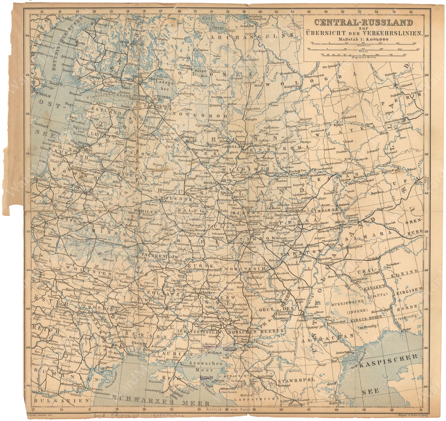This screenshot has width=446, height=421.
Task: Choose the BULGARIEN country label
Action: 62,400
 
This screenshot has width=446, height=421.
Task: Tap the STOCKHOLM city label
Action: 41,96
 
